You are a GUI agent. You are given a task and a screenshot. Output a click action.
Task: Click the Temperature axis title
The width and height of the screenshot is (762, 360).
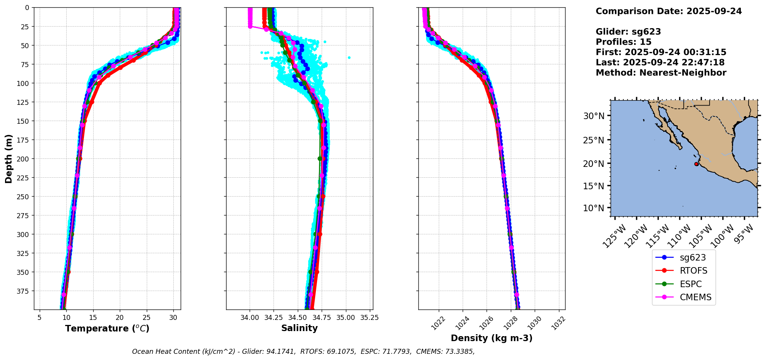tap(107, 328)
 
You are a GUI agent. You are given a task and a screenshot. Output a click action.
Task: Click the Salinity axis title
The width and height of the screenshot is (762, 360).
tap(299, 328)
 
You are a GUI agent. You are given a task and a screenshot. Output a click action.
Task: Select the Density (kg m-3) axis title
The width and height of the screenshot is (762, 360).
tap(492, 338)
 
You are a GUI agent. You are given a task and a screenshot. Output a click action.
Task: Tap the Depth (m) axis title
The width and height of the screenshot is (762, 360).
tap(9, 158)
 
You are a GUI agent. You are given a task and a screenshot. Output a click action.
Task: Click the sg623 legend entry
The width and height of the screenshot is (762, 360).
tap(693, 257)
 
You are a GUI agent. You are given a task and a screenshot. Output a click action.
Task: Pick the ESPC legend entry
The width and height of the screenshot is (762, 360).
tap(690, 284)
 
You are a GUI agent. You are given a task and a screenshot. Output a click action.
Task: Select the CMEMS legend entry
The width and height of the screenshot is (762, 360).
tap(695, 297)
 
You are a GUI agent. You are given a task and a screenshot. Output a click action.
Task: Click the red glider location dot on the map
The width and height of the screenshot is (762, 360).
tap(696, 164)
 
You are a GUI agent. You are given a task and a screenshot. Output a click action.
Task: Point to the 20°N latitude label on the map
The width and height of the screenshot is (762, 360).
tap(594, 164)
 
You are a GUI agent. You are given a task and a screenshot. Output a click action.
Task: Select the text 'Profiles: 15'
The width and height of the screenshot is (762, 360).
tap(623, 42)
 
